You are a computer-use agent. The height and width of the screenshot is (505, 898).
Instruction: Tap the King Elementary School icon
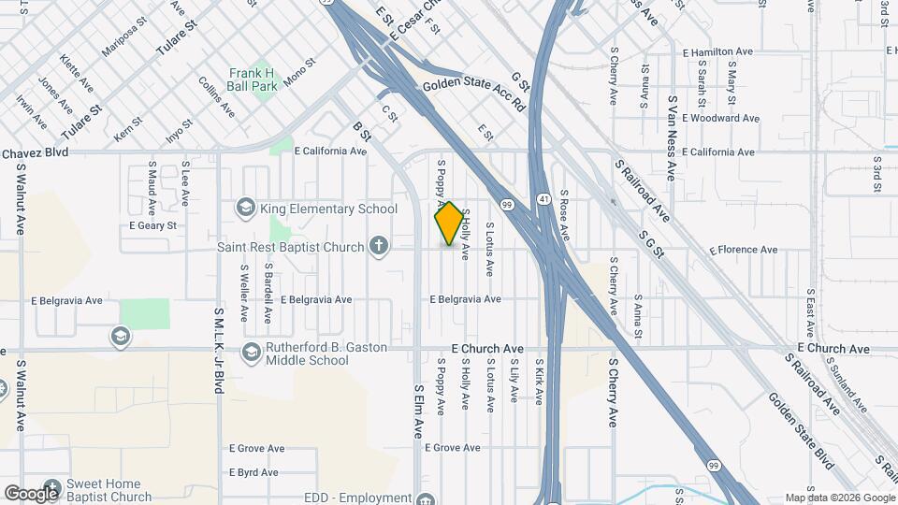[246, 208]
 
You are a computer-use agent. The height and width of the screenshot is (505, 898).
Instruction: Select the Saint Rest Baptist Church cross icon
[378, 247]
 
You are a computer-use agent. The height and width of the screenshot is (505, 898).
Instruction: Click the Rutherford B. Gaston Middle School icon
[251, 353]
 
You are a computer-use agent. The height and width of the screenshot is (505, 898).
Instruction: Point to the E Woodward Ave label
[720, 119]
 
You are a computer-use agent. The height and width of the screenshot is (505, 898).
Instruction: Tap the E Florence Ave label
[744, 250]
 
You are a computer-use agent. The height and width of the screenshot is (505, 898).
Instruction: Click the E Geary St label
[152, 225]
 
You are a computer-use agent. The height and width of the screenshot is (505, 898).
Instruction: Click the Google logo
[31, 493]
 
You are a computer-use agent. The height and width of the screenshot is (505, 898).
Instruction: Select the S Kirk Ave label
[540, 382]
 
